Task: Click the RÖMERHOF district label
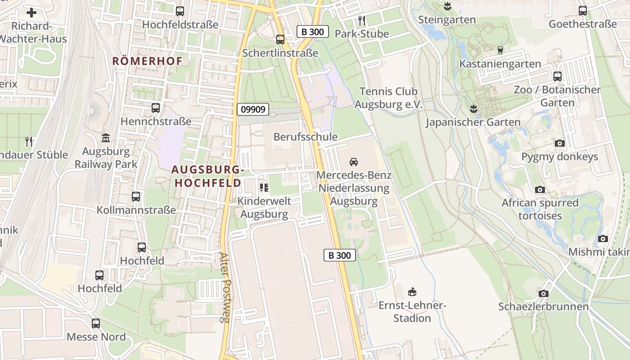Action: (147, 61)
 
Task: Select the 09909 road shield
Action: (253, 109)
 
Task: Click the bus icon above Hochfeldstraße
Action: (180, 11)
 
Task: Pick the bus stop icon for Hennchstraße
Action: (156, 108)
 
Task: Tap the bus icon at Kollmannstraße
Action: (136, 197)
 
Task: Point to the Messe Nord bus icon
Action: (96, 324)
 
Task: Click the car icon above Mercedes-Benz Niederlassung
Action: (354, 162)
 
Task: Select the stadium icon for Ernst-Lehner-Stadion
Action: (412, 292)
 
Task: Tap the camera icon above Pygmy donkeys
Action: (559, 144)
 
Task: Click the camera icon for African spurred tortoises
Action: (540, 190)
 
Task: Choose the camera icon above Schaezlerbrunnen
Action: (544, 294)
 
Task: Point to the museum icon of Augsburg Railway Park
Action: (106, 138)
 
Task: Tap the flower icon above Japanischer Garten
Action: (473, 108)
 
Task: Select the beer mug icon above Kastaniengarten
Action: (500, 50)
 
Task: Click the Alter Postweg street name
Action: (224, 287)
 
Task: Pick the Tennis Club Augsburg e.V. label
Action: (389, 98)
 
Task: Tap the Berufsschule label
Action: (305, 137)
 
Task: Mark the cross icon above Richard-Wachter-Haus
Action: (31, 13)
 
